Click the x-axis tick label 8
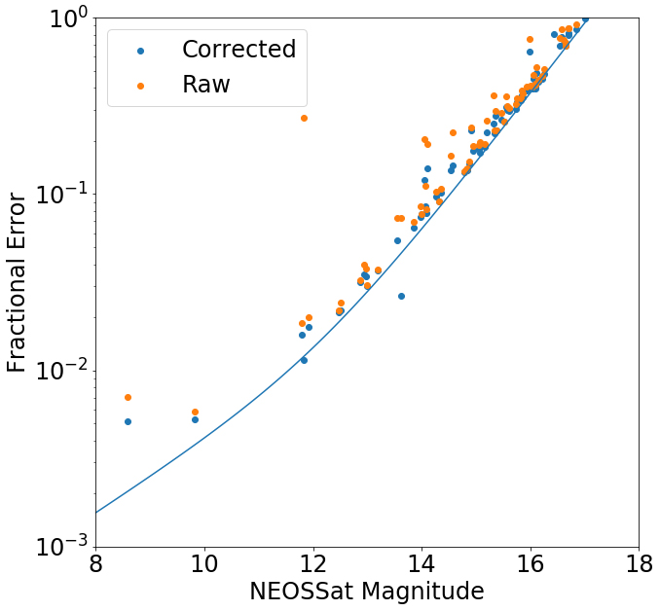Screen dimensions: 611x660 click(95, 563)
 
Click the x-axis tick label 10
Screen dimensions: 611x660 click(204, 563)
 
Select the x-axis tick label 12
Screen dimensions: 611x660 click(312, 563)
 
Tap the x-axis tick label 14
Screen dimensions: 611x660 click(422, 563)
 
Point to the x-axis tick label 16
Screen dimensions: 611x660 click(530, 563)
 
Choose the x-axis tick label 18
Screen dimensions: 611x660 click(639, 563)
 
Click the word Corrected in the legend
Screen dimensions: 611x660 click(238, 50)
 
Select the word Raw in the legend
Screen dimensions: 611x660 click(206, 85)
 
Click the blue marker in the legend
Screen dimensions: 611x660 click(140, 51)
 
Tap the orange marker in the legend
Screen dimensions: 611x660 click(140, 86)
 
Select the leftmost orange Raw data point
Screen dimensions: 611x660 click(128, 397)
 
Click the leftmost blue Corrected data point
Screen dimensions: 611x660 click(128, 421)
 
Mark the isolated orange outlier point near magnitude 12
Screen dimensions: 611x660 click(304, 118)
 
